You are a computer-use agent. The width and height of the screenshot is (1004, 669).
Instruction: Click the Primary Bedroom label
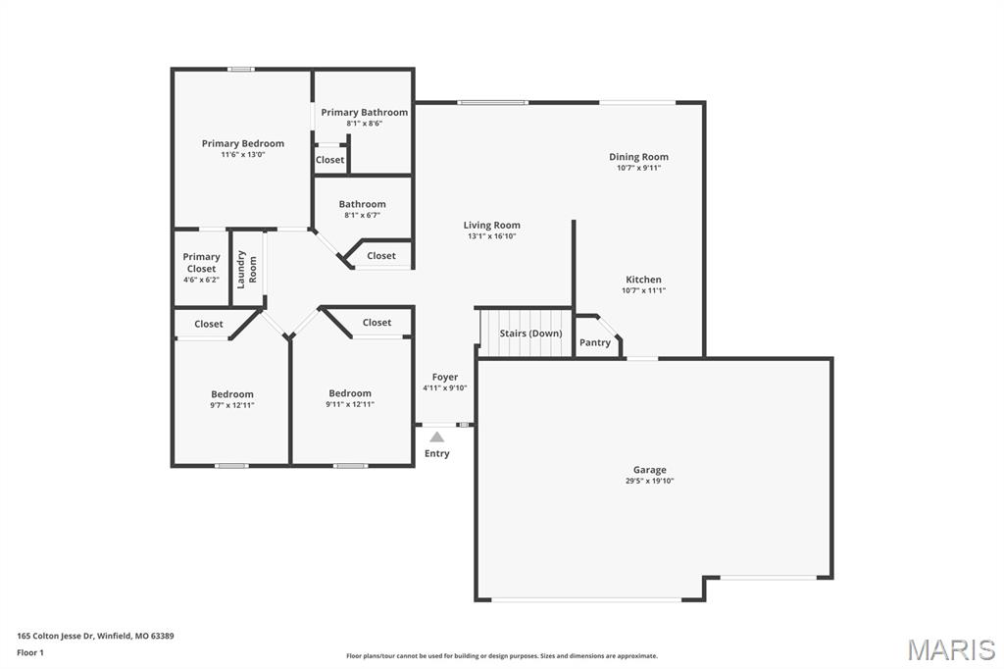(x=243, y=143)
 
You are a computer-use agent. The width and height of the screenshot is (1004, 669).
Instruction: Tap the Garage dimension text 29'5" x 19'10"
(x=650, y=481)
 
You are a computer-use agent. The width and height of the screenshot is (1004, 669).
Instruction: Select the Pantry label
(x=595, y=342)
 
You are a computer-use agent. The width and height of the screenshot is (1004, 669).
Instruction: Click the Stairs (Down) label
(x=530, y=334)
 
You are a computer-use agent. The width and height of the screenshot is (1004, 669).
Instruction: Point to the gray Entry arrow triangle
(x=436, y=437)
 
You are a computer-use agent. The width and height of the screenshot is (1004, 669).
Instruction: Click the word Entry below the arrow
(x=436, y=454)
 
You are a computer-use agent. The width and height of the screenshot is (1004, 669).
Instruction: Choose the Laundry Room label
(x=246, y=269)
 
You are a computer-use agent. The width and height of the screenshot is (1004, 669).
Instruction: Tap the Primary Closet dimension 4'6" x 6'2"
(x=201, y=280)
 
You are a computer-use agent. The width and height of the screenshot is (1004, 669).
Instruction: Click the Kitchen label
(x=643, y=280)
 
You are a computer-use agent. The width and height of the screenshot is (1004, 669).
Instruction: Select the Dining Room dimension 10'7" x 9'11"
(x=639, y=168)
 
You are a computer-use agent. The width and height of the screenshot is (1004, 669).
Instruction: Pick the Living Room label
(x=492, y=225)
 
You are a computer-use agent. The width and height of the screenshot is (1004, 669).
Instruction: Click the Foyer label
(x=445, y=378)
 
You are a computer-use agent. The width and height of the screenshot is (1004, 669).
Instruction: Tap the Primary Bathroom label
(x=365, y=112)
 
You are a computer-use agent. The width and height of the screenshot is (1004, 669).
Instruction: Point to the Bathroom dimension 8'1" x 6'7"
(x=363, y=215)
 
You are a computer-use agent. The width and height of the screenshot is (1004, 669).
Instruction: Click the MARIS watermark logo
(x=951, y=649)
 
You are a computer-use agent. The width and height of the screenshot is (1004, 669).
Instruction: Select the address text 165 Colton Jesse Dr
(x=55, y=637)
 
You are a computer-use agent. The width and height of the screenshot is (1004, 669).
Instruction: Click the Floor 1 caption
(x=30, y=653)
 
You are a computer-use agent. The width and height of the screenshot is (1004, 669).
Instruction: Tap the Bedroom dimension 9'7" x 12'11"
(x=232, y=405)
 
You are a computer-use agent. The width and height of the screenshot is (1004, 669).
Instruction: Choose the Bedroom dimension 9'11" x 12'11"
(x=350, y=404)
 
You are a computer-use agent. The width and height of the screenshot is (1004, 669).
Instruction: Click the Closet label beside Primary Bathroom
(x=329, y=160)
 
